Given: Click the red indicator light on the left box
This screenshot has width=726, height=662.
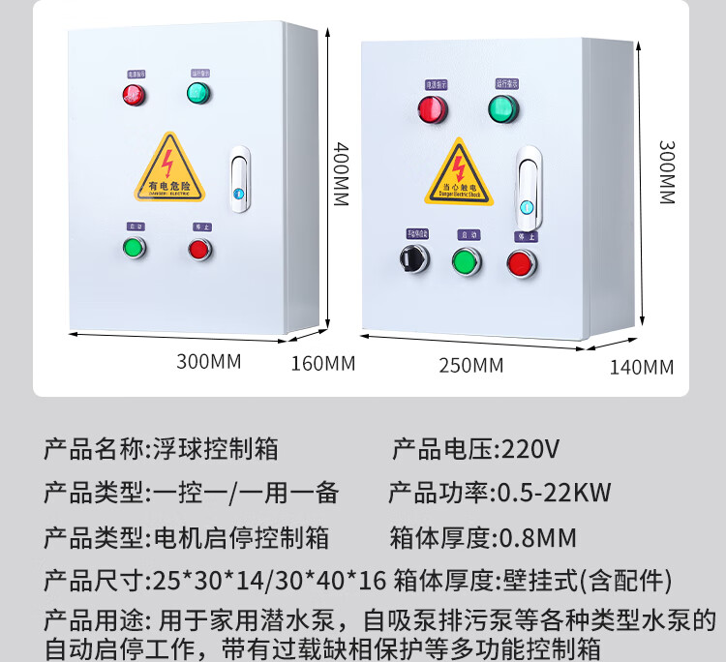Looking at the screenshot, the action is pos(133,95).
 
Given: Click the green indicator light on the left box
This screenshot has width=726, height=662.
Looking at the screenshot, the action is pos(198,94).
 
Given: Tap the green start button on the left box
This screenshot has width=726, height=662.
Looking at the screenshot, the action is pos(134,248).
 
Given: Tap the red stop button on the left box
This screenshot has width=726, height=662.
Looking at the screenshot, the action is pos(199,249).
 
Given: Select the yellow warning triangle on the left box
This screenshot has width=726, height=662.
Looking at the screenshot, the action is pos(169,168).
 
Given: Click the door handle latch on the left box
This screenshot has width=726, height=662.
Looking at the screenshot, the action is pos(239,179).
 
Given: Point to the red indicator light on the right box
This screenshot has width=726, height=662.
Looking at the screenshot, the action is pos(431,109).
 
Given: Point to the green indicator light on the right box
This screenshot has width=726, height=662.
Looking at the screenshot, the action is pos(502,108).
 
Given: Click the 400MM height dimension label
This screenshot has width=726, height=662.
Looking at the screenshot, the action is pos(341,173).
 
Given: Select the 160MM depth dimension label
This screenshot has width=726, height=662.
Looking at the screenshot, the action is pos(323,364).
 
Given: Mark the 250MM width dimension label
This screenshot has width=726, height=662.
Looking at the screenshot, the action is pos(469,365).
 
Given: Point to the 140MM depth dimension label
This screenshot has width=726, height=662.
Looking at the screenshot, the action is pos(641,366).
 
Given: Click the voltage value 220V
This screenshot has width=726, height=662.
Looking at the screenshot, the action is pos(528,449).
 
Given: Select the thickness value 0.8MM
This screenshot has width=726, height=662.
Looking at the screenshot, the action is pos(536,537).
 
